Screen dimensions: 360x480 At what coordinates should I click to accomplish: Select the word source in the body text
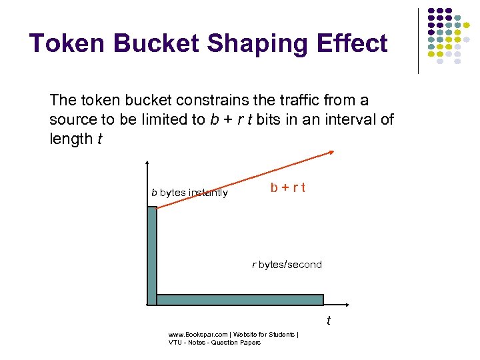tap(70, 120)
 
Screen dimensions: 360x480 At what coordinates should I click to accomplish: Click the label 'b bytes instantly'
tap(189, 193)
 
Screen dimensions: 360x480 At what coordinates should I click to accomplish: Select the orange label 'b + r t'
tap(288, 187)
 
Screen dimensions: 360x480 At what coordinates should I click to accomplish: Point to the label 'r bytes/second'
tap(287, 265)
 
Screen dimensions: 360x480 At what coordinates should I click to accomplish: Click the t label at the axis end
tap(328, 321)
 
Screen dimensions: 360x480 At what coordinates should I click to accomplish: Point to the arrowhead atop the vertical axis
tap(147, 163)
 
